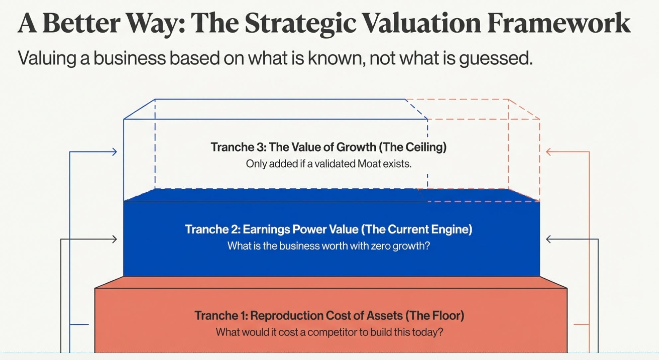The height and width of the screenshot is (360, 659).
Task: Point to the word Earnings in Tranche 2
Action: point(267,229)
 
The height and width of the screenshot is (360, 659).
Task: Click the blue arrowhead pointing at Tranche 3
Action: point(114,152)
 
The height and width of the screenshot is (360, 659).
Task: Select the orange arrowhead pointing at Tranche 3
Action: point(549,152)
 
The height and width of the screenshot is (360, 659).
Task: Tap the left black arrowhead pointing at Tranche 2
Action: point(114,239)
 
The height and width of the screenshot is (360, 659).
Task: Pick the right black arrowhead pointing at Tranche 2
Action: point(549,239)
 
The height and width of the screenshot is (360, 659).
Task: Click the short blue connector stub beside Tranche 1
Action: point(79,324)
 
